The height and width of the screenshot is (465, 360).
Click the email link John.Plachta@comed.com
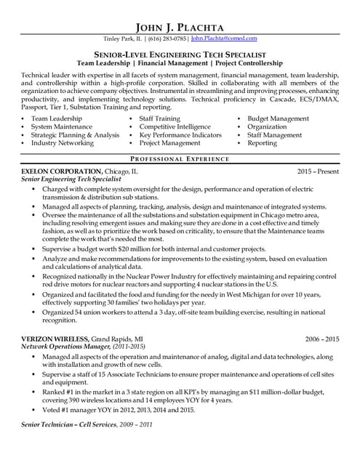224,38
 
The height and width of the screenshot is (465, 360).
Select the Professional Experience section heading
180,158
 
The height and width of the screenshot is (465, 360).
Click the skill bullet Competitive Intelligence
175,126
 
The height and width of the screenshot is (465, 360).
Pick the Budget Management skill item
278,118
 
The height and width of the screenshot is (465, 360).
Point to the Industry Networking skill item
63,143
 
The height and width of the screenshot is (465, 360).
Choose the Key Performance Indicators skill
180,134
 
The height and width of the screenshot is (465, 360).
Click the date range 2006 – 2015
322,339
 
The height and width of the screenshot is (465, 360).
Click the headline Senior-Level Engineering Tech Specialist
180,54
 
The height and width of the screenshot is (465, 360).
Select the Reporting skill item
262,143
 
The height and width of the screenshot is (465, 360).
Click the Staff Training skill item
160,118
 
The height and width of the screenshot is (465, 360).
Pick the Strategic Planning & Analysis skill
75,134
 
